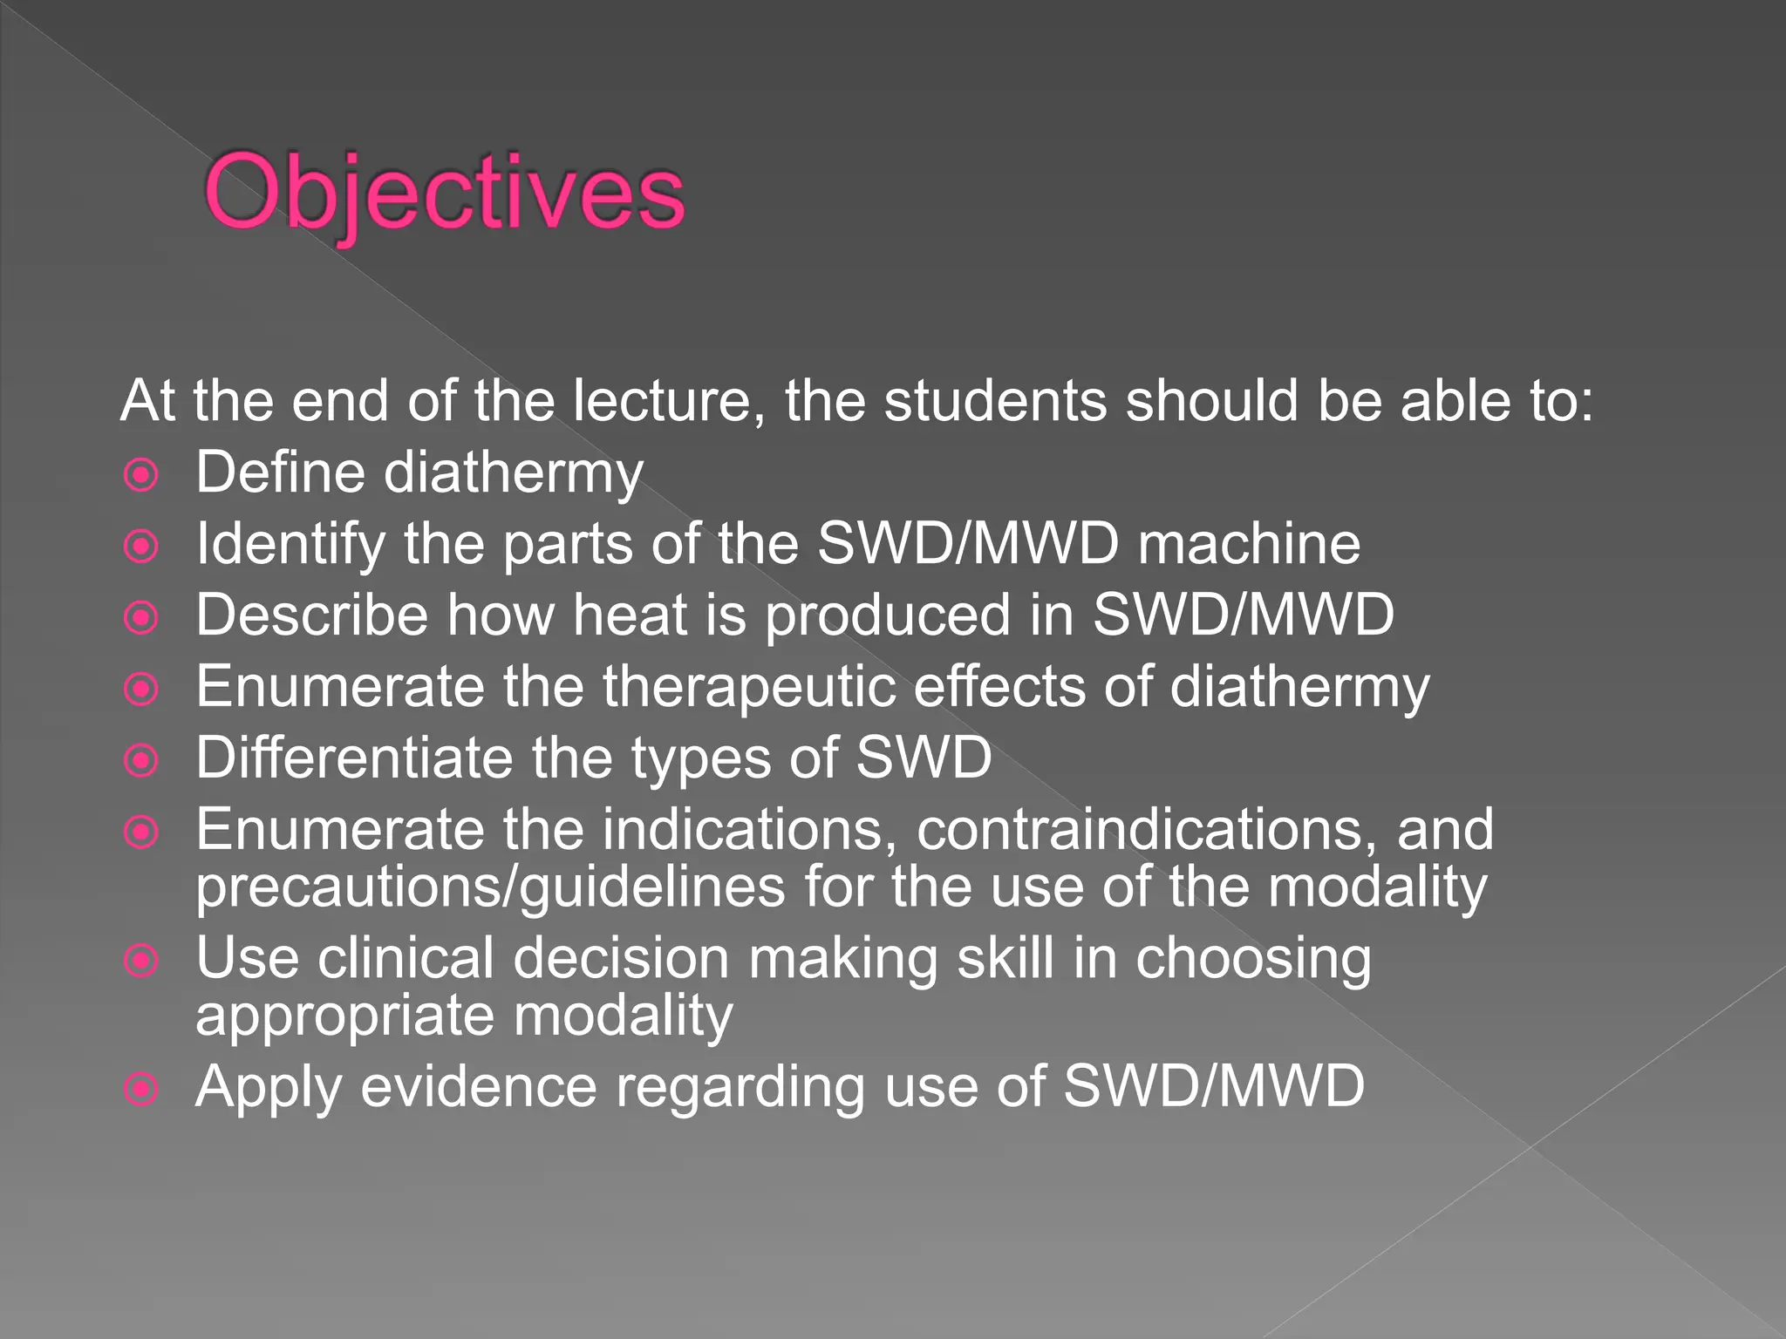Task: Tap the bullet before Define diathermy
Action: tap(141, 475)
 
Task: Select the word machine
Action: tap(1249, 544)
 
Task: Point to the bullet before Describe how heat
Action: tap(141, 618)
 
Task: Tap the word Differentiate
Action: tap(354, 758)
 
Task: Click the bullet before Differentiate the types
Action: tap(141, 761)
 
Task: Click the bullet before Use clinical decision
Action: tap(141, 961)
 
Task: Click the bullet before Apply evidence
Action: tap(141, 1089)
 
